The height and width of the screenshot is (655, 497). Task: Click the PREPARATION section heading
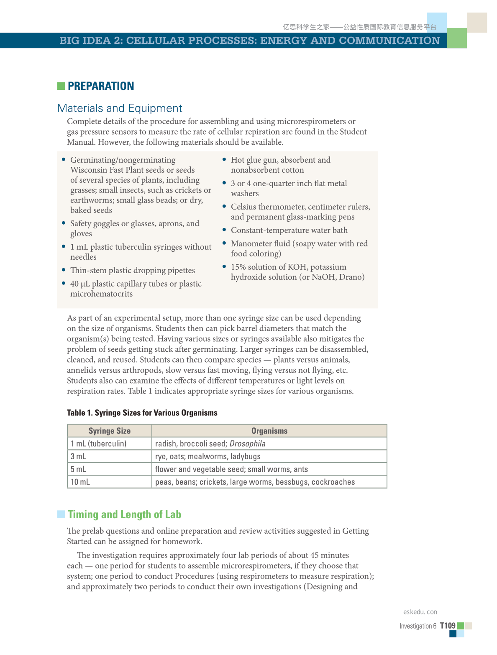(101, 86)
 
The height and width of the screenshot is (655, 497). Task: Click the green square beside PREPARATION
(61, 86)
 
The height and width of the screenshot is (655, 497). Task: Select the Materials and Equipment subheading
(120, 108)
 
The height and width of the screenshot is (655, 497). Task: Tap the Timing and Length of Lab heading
(124, 514)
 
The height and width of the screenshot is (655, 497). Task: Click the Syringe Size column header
(110, 431)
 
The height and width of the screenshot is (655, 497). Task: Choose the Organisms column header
(269, 431)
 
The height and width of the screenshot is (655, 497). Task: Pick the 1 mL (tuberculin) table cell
(99, 444)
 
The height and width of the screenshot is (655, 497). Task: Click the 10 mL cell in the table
(80, 482)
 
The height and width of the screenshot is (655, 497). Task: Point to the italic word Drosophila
(247, 444)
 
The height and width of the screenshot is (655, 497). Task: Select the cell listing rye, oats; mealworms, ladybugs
(208, 456)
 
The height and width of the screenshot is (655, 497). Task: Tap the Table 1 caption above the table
(142, 413)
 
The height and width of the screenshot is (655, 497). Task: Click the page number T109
(448, 626)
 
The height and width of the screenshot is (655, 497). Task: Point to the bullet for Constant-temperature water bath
(224, 229)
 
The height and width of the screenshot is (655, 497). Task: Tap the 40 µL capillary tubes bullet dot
(64, 283)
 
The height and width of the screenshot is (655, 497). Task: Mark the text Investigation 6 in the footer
(418, 626)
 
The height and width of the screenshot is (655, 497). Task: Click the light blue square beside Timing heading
(61, 514)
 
